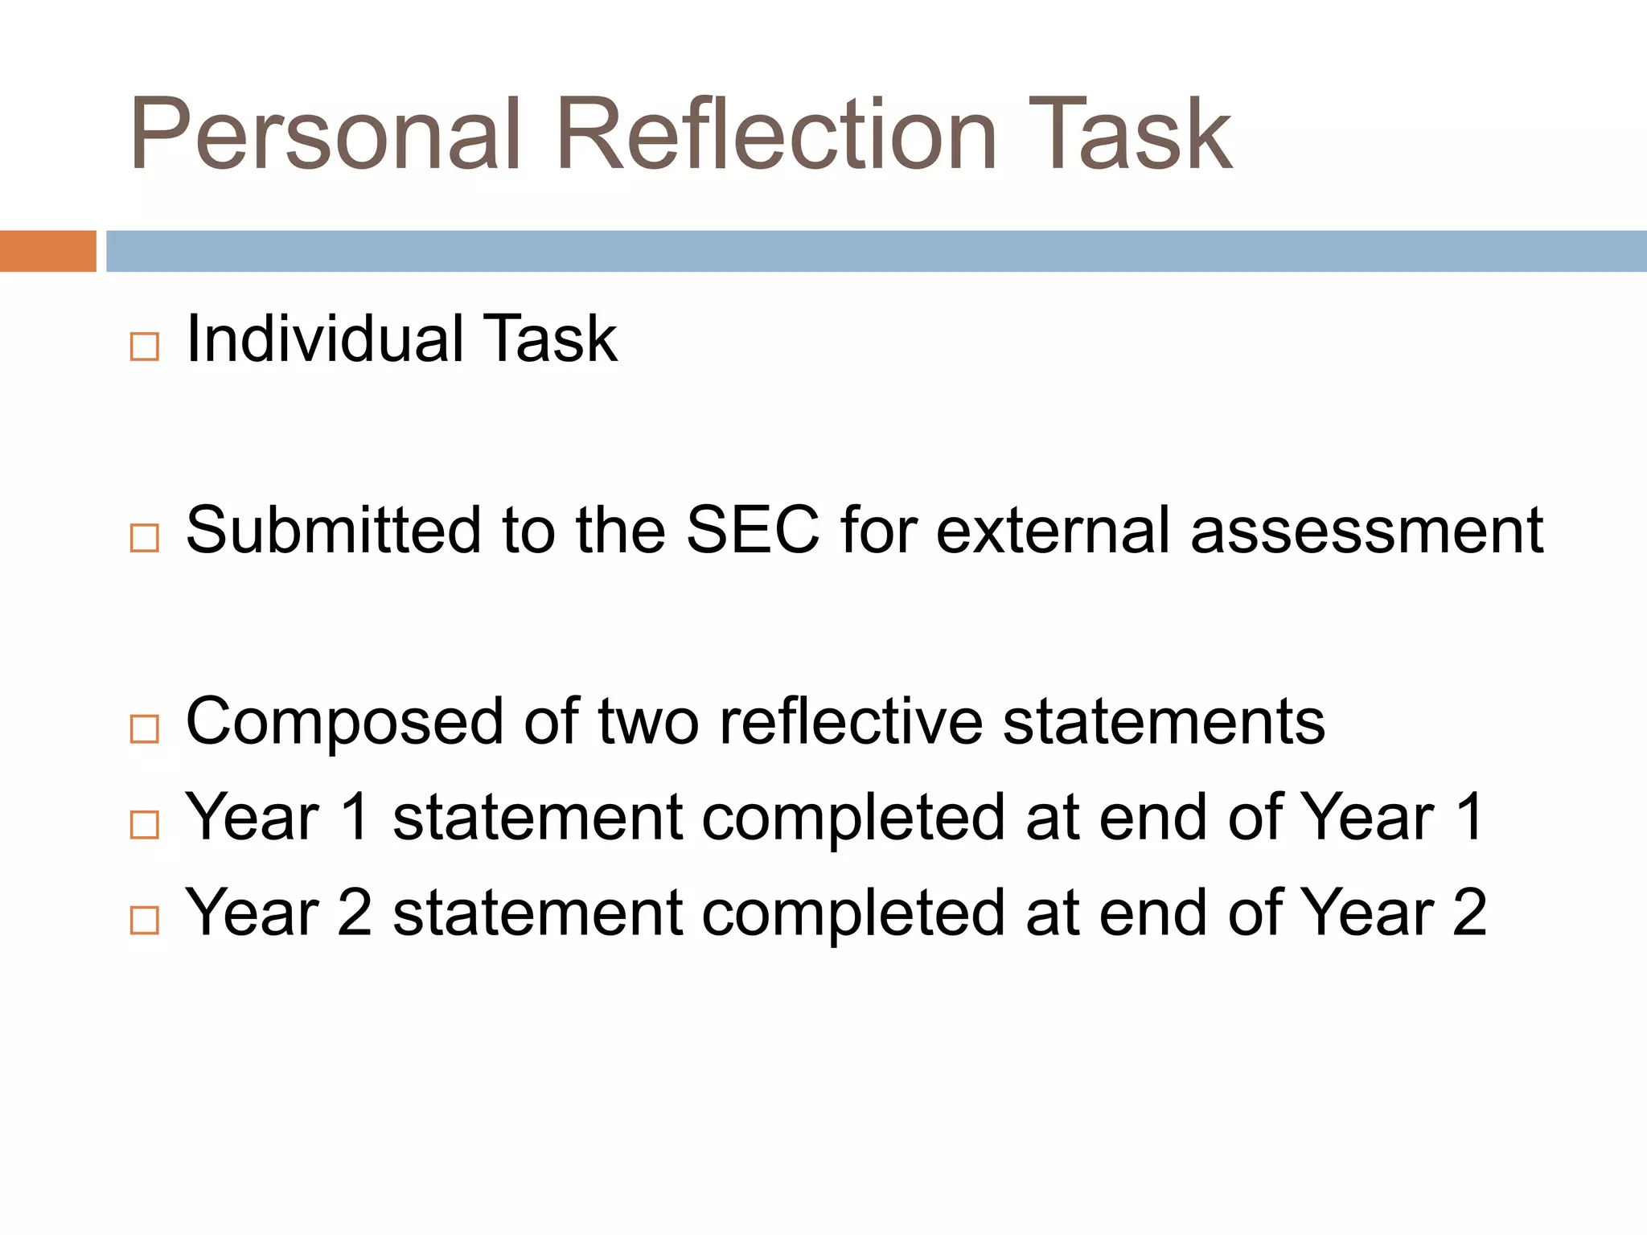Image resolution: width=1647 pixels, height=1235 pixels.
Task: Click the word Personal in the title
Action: (x=326, y=135)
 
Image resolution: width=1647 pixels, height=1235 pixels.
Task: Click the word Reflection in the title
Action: (x=776, y=135)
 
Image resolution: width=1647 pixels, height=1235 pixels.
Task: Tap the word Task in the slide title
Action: (x=1130, y=135)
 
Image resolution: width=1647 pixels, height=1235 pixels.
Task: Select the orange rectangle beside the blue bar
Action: (x=47, y=251)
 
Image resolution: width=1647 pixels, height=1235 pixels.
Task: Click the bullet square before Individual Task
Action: (x=145, y=347)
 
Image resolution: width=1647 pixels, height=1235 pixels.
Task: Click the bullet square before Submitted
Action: (x=145, y=538)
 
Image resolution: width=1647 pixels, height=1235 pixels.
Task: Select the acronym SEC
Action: (x=753, y=530)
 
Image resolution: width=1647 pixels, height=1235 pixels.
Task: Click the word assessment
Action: (x=1366, y=530)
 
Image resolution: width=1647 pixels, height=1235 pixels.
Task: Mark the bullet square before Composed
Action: (x=145, y=729)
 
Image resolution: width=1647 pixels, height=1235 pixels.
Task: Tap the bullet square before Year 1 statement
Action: (x=145, y=825)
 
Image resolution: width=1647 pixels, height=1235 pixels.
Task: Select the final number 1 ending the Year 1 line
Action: (x=1471, y=817)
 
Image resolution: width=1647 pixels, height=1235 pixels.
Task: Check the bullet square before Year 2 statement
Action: (x=145, y=920)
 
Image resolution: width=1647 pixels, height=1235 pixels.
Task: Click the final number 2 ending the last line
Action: (x=1469, y=913)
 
